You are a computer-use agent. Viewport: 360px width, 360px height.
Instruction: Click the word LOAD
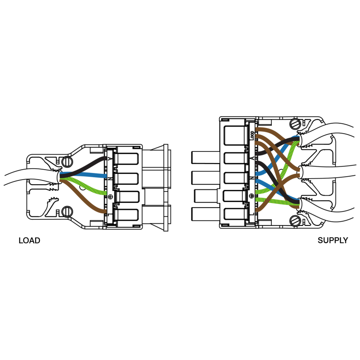(30, 240)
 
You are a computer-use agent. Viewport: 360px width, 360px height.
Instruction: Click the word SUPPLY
(333, 240)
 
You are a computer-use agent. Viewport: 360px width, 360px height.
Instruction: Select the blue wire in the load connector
(83, 175)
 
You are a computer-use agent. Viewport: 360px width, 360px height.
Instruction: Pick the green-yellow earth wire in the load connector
(83, 186)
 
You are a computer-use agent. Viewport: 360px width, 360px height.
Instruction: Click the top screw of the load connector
(67, 162)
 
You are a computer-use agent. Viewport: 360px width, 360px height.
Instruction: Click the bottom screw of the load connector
(67, 212)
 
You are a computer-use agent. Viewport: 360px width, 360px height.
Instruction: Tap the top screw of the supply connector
(295, 124)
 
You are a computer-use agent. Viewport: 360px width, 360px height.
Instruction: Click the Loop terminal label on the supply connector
(252, 135)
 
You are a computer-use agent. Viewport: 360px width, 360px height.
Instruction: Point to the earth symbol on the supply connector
(252, 196)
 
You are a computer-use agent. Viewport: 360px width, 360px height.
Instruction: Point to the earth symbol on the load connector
(110, 196)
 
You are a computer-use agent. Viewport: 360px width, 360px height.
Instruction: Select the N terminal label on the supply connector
(252, 178)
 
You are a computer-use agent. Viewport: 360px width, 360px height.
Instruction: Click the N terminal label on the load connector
(110, 178)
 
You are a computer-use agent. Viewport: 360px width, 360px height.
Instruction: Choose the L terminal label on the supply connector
(252, 214)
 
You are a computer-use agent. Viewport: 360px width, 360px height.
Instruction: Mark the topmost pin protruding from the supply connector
(205, 157)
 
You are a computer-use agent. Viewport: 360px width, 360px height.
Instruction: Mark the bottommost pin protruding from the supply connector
(205, 214)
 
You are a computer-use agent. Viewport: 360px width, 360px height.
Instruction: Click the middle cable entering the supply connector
(328, 172)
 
